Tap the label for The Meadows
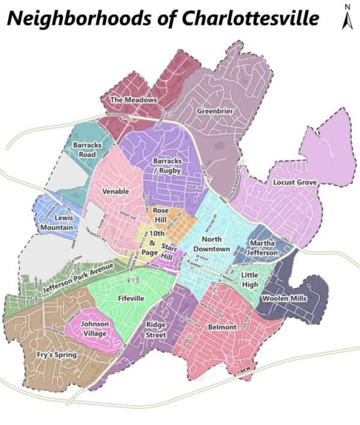click(x=133, y=99)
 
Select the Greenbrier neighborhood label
click(x=215, y=111)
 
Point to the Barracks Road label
click(x=88, y=149)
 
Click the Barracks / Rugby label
click(x=167, y=166)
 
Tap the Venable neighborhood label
click(x=116, y=192)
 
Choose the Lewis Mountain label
click(x=61, y=223)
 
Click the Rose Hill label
click(x=161, y=216)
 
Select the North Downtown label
click(x=212, y=244)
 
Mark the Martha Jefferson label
click(x=263, y=249)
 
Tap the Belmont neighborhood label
click(x=222, y=328)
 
